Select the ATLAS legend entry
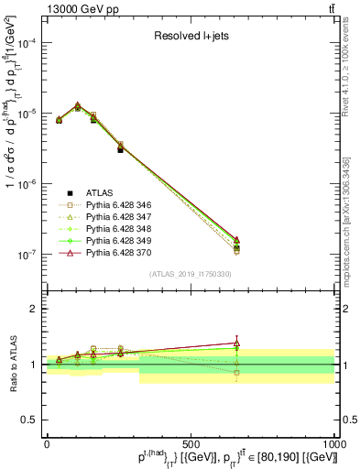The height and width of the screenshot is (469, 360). click(x=99, y=193)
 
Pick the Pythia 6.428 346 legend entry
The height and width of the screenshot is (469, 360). click(x=116, y=207)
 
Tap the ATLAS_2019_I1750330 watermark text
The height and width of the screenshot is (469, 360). click(x=190, y=274)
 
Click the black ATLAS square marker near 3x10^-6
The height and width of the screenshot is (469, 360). click(x=121, y=148)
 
